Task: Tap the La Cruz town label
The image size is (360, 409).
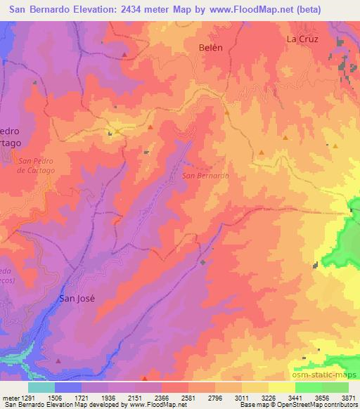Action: coord(303,39)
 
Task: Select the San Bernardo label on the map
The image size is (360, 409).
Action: coord(205,176)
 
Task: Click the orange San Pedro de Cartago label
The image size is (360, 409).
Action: coord(33,165)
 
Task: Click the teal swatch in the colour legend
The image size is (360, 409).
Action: coord(41,387)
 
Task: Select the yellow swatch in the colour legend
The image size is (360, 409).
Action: coord(281,387)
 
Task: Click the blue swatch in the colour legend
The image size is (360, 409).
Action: coord(68,387)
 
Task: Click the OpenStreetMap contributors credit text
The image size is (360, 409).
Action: coord(318,405)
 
